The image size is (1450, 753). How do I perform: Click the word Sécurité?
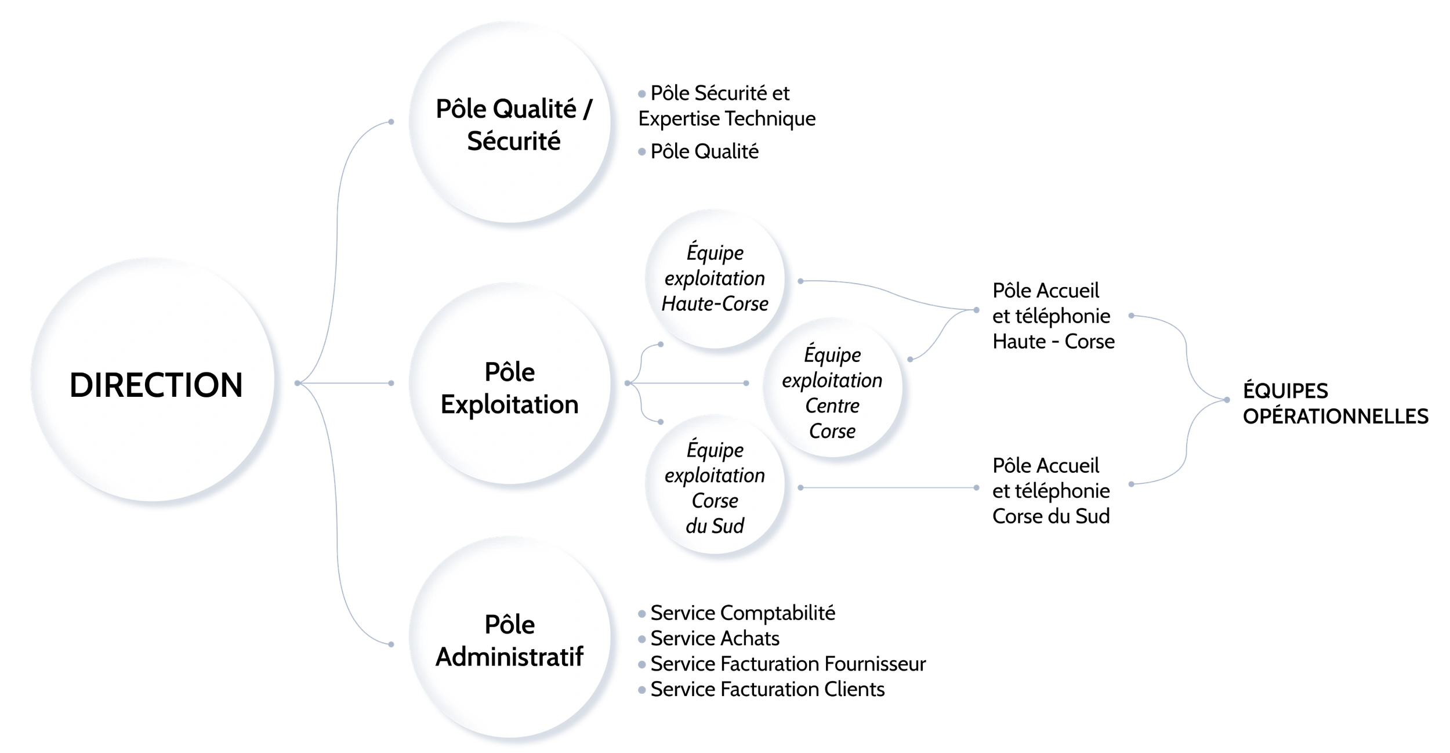point(514,142)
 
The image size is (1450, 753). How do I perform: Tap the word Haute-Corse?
point(715,304)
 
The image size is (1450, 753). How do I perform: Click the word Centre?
point(832,406)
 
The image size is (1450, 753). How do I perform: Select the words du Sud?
point(715,526)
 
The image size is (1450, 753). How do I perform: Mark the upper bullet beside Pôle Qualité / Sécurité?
point(642,95)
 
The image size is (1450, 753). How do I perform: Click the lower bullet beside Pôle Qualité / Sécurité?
point(642,151)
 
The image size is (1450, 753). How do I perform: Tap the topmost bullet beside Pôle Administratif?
point(642,613)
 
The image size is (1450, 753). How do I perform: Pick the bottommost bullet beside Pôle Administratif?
point(642,689)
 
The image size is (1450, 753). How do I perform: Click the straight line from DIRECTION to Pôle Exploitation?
point(348,383)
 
